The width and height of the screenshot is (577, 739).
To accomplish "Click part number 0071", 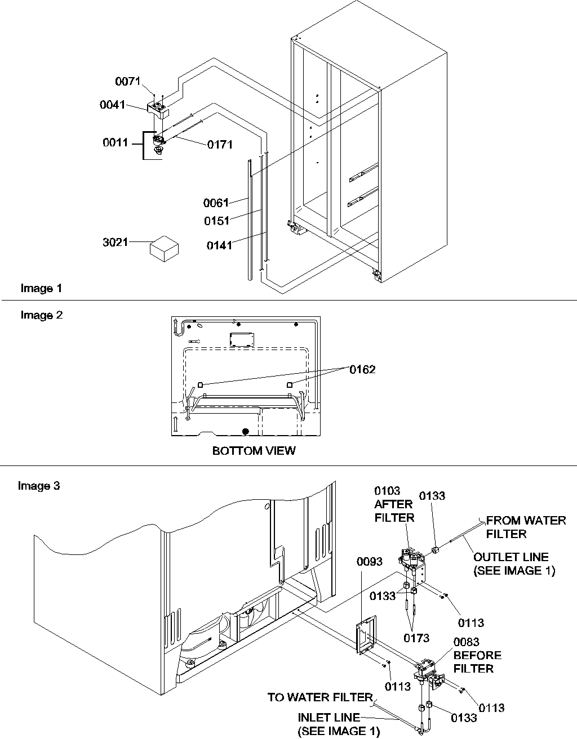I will (x=128, y=82).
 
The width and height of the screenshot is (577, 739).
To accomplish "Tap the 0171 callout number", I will (x=220, y=145).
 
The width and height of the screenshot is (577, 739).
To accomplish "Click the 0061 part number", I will (x=216, y=203).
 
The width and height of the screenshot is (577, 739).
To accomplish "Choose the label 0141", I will (x=219, y=245).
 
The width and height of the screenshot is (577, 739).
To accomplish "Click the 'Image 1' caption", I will (x=41, y=288).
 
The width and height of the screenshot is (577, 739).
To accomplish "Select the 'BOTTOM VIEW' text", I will (x=254, y=451).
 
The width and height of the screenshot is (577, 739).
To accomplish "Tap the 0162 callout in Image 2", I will (x=362, y=369).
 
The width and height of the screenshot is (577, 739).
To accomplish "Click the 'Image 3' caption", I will (x=39, y=486).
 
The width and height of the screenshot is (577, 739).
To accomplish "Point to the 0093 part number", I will (x=370, y=562).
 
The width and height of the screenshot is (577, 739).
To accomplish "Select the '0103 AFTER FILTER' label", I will (x=394, y=505).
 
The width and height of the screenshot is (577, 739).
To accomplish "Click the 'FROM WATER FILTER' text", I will (x=525, y=527).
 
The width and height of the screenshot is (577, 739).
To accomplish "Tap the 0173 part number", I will (x=416, y=638).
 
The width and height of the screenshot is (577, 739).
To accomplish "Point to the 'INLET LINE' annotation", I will (x=329, y=718).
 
